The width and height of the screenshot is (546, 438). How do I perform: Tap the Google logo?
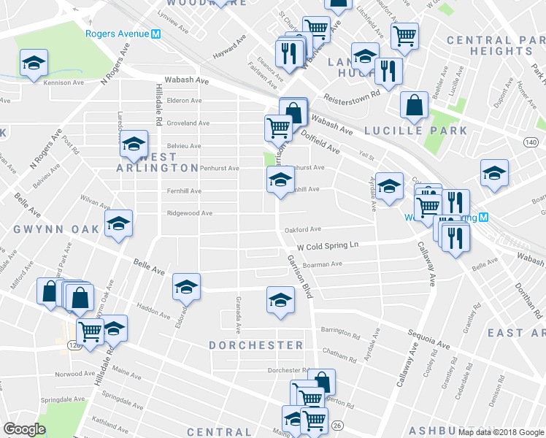pyautogui.click(x=24, y=429)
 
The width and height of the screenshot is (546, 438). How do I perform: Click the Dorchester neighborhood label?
pyautogui.click(x=255, y=345)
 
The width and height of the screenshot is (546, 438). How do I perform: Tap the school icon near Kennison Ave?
pyautogui.click(x=34, y=64)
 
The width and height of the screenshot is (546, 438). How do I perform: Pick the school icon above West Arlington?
pyautogui.click(x=134, y=144)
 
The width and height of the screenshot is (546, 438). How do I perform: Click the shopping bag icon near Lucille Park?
pyautogui.click(x=414, y=105)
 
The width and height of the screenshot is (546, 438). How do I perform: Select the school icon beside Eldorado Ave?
pyautogui.click(x=186, y=286)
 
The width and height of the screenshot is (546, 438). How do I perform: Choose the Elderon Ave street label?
pyautogui.click(x=184, y=100)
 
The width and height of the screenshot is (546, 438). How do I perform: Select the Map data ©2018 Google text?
pyautogui.click(x=501, y=432)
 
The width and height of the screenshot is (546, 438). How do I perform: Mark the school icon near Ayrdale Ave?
pyautogui.click(x=389, y=186)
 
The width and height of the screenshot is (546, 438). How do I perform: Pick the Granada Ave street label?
pyautogui.click(x=239, y=312)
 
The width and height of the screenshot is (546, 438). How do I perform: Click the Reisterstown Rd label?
pyautogui.click(x=354, y=93)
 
